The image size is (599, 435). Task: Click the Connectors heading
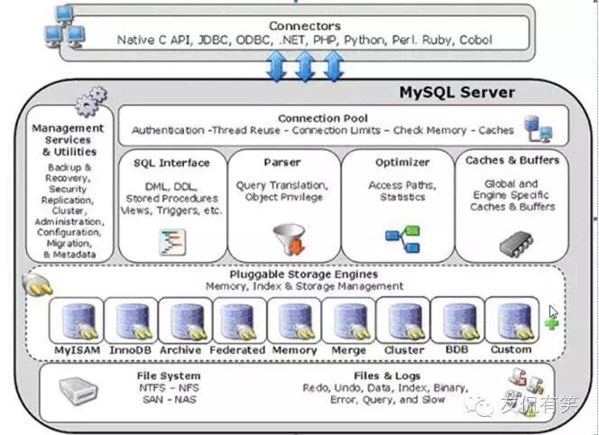(306, 26)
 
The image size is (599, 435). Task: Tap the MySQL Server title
(456, 92)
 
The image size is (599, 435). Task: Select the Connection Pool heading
(322, 118)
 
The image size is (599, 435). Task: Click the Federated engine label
(236, 350)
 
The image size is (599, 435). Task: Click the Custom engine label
(511, 350)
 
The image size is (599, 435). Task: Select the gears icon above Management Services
(89, 104)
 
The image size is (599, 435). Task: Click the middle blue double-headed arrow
(306, 66)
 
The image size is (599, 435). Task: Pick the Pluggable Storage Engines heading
(303, 274)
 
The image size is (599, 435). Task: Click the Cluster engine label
(403, 350)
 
